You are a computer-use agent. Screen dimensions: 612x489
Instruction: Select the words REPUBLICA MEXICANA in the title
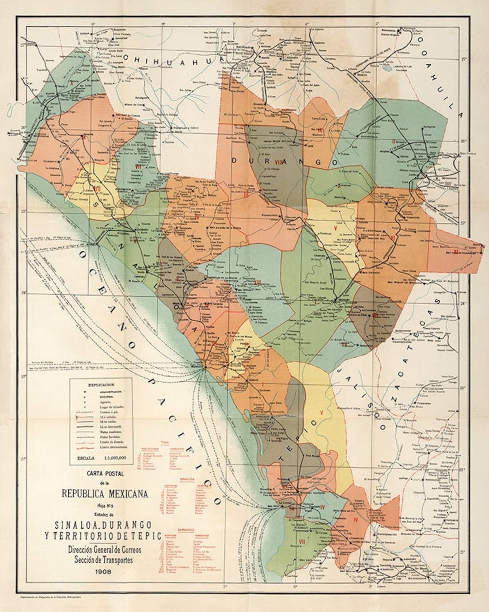[x=105, y=494]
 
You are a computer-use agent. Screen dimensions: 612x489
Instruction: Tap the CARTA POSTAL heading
[x=105, y=474]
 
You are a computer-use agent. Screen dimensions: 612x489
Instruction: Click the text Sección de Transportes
[x=105, y=559]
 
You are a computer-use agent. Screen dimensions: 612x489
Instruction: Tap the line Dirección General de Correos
[x=105, y=549]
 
